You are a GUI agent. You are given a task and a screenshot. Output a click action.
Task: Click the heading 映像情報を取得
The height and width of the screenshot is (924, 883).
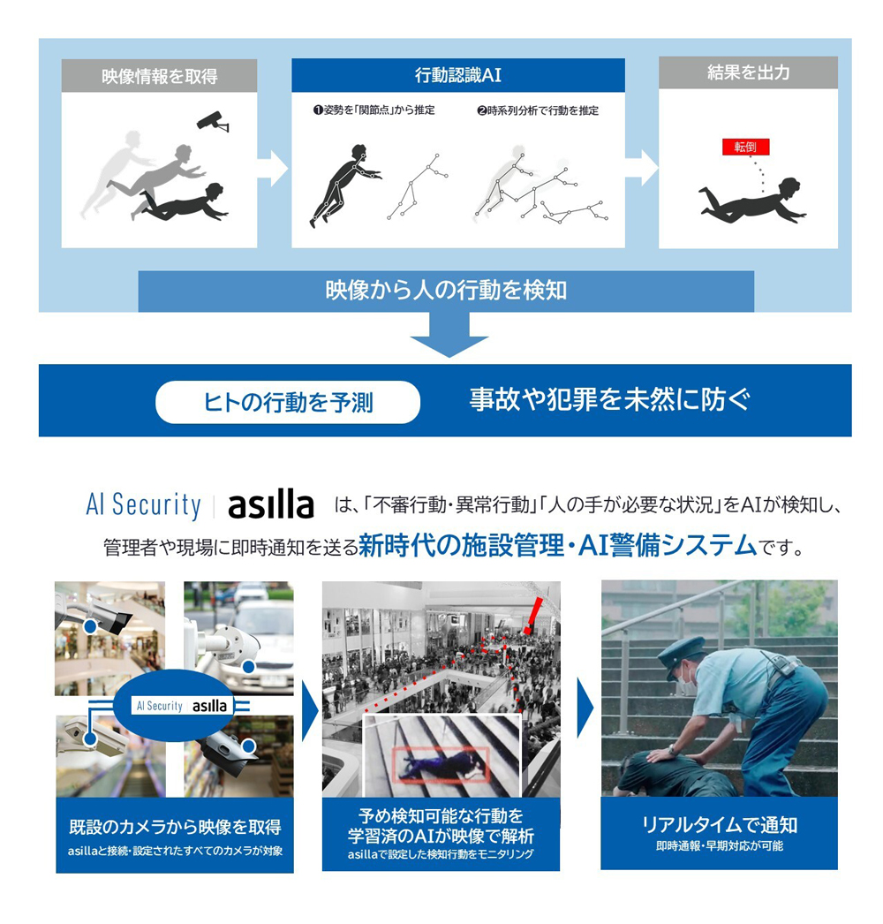(159, 76)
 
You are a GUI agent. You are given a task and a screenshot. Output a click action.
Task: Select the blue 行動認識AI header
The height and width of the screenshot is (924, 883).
(457, 75)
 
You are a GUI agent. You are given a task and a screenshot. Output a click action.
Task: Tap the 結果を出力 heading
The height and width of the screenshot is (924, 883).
(748, 73)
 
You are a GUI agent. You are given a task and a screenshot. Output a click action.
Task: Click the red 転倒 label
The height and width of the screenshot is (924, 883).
(745, 147)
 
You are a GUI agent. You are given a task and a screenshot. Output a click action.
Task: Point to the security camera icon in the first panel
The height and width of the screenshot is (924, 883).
(213, 122)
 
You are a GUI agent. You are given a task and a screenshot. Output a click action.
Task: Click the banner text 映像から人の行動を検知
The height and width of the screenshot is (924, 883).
(446, 291)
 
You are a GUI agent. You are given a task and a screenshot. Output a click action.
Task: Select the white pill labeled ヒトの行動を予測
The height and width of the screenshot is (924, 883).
(287, 403)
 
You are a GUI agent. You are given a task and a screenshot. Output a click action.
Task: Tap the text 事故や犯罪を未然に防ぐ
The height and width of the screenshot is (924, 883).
(609, 400)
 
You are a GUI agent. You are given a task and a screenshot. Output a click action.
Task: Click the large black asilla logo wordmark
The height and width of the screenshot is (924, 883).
(270, 506)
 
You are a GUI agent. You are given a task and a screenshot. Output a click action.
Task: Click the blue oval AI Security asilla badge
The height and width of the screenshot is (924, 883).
(180, 705)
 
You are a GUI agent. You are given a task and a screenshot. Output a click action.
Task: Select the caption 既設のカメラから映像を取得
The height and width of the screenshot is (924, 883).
(175, 827)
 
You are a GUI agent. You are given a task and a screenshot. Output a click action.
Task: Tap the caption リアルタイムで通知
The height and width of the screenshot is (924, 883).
(719, 824)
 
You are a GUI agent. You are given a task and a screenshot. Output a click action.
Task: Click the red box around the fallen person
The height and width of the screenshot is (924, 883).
(442, 764)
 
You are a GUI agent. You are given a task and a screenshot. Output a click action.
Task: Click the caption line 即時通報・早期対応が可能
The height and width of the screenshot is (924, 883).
(719, 846)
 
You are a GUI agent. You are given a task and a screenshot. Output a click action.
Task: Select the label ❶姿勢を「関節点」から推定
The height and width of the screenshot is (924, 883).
(374, 110)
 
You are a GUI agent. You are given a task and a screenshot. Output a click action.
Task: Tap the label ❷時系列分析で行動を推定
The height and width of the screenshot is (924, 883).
(537, 110)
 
